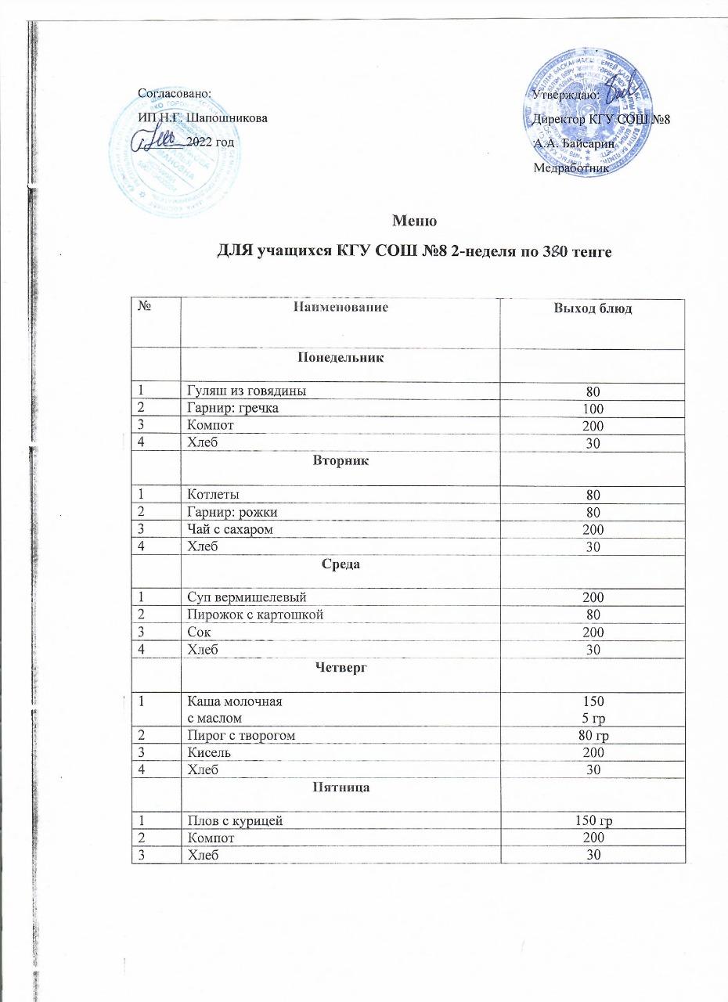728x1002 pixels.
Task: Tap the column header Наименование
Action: pyautogui.click(x=341, y=308)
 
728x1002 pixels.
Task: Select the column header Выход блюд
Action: pyautogui.click(x=593, y=309)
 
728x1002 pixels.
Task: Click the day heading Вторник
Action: pyautogui.click(x=341, y=462)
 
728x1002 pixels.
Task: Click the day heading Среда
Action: pyautogui.click(x=341, y=564)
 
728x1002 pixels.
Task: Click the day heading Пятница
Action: pyautogui.click(x=341, y=787)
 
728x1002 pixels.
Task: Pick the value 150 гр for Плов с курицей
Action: pyautogui.click(x=593, y=821)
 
